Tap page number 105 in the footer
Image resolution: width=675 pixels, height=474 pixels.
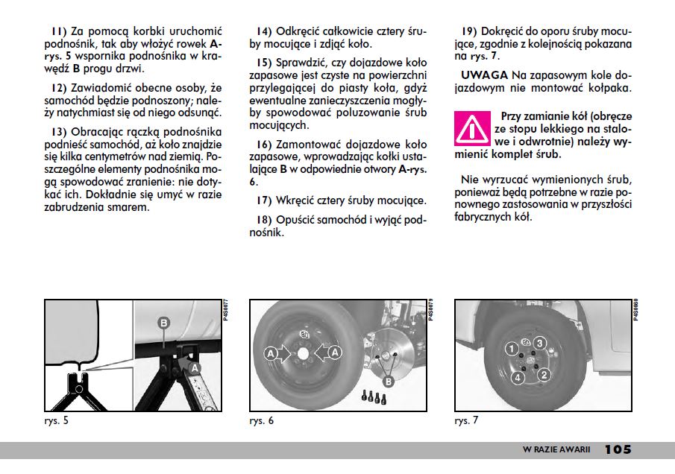[x=618, y=449]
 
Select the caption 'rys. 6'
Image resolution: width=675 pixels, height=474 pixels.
[x=262, y=421]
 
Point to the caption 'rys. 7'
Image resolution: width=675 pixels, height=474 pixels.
[x=467, y=421]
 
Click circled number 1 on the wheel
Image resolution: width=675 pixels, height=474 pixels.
[x=511, y=349]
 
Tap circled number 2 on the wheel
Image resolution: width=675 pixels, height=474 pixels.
[x=544, y=374]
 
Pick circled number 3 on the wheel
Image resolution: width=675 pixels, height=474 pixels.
[x=542, y=343]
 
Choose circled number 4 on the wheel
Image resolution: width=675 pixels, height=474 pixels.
[x=516, y=378]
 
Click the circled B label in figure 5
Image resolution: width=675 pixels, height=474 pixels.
[x=163, y=323]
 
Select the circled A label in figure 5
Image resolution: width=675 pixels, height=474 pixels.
[x=194, y=367]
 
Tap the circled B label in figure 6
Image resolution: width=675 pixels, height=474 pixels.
[x=387, y=382]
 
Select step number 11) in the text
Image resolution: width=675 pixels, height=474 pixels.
[x=59, y=32]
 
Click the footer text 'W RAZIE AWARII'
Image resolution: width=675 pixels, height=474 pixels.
[x=556, y=450]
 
